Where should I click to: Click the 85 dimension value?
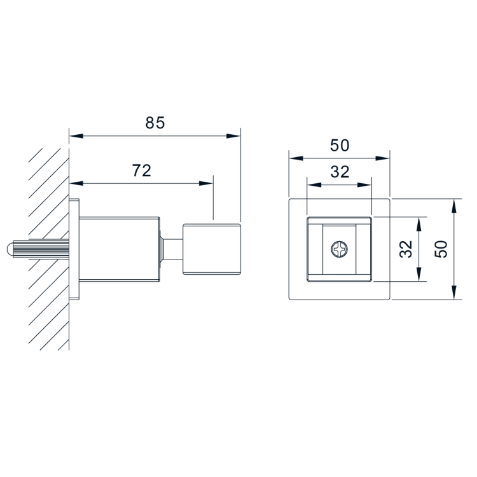point(155,123)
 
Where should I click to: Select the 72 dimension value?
point(141,170)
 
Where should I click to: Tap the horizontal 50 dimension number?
point(340,146)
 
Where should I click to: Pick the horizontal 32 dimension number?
point(340,172)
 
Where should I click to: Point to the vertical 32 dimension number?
point(406,249)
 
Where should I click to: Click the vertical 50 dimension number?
point(441,249)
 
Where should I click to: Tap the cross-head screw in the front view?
point(339,249)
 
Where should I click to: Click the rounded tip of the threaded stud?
point(10,249)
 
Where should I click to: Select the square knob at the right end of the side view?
point(212,249)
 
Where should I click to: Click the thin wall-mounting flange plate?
point(74,249)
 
